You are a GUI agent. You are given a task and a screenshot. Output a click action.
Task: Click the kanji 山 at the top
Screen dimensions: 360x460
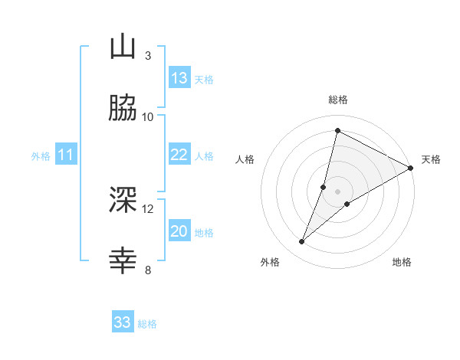pyautogui.click(x=123, y=48)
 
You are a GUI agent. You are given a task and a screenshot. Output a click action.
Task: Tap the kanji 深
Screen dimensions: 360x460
pyautogui.click(x=123, y=200)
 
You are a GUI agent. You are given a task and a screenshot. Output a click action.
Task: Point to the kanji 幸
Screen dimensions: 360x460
pyautogui.click(x=123, y=261)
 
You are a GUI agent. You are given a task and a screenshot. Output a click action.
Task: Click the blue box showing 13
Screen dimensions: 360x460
pyautogui.click(x=179, y=78)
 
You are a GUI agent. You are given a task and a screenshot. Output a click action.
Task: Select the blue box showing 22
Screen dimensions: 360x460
pyautogui.click(x=179, y=155)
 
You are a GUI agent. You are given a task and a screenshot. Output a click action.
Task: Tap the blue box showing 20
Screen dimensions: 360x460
pyautogui.click(x=179, y=231)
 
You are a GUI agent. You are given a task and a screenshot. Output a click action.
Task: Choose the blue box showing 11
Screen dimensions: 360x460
pyautogui.click(x=66, y=155)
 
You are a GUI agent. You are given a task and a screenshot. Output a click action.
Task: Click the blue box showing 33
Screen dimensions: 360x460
pyautogui.click(x=123, y=322)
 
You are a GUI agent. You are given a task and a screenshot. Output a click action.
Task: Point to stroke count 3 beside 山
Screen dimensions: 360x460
pyautogui.click(x=147, y=56)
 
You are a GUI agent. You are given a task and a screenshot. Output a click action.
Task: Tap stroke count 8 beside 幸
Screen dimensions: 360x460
pyautogui.click(x=147, y=270)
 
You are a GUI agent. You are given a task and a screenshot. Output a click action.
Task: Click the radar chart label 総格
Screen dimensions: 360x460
pyautogui.click(x=338, y=100)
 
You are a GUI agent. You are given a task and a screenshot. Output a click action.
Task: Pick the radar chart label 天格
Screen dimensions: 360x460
pyautogui.click(x=431, y=159)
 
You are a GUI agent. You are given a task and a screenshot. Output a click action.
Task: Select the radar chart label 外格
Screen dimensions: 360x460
pyautogui.click(x=270, y=262)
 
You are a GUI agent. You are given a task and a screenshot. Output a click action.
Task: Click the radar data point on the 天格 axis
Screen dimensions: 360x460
pyautogui.click(x=411, y=169)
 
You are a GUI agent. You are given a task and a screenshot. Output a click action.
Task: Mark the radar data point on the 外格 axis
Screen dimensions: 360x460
pyautogui.click(x=302, y=242)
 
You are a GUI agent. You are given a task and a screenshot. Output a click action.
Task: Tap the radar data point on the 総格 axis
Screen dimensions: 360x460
pyautogui.click(x=337, y=130)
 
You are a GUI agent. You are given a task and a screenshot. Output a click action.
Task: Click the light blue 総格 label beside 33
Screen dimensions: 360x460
pyautogui.click(x=147, y=324)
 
